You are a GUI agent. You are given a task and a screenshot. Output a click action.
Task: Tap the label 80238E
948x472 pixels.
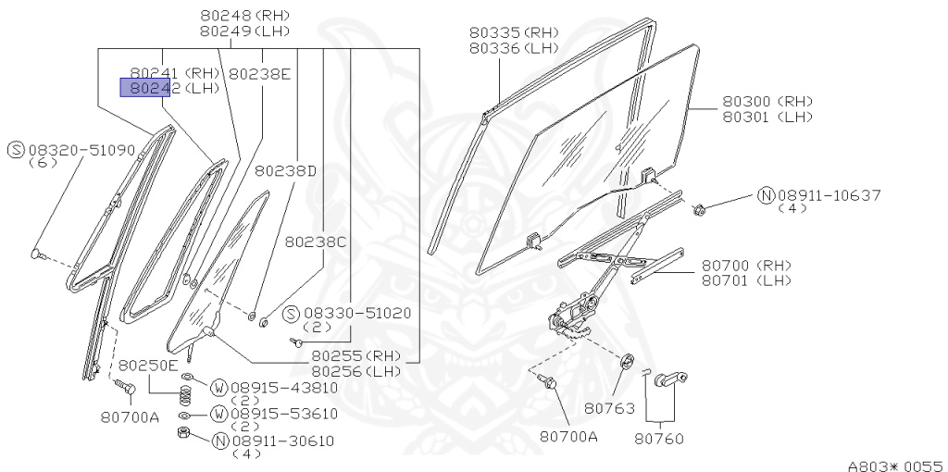click(x=260, y=73)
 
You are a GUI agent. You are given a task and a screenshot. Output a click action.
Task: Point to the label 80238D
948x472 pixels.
click(x=286, y=170)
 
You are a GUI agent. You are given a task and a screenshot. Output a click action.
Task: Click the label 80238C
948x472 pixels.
click(x=316, y=242)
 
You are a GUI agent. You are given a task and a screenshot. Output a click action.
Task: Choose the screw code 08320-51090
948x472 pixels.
click(x=81, y=149)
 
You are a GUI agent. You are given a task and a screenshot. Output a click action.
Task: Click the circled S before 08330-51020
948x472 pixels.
click(x=290, y=314)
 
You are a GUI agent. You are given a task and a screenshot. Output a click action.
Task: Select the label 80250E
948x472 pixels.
click(x=148, y=365)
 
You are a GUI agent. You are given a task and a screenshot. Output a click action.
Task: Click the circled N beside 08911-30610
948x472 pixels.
click(x=220, y=441)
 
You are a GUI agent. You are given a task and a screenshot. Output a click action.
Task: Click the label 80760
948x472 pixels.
click(x=658, y=438)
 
